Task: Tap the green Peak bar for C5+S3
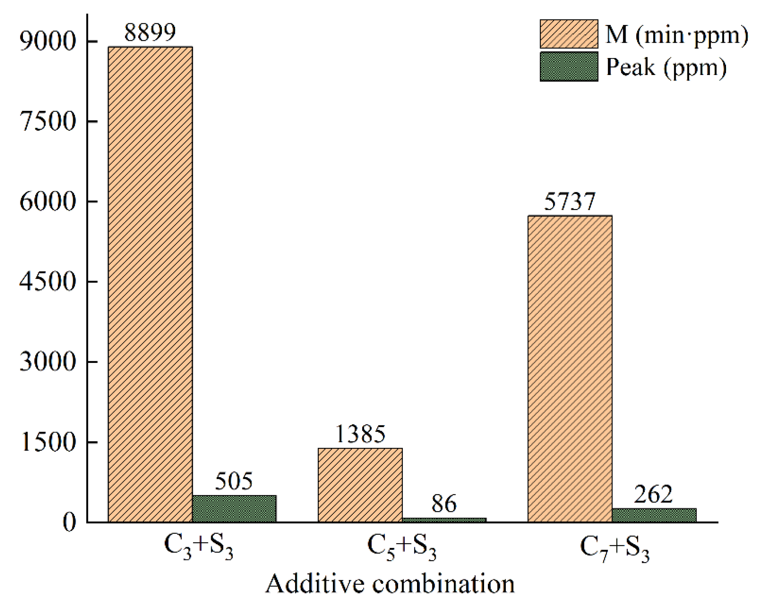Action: pos(444,520)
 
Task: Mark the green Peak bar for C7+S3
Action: pos(654,515)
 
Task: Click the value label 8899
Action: pos(150,32)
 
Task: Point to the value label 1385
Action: pos(360,434)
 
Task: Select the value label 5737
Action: pos(570,201)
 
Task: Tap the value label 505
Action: pos(234,481)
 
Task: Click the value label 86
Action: pos(444,504)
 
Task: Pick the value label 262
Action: pos(653,494)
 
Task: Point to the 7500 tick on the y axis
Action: pos(48,122)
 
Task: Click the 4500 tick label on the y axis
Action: pos(48,282)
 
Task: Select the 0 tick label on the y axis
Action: pos(69,523)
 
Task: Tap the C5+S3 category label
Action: pos(402,548)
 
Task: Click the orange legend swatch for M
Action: pos(569,34)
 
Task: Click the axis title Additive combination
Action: pos(390,584)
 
